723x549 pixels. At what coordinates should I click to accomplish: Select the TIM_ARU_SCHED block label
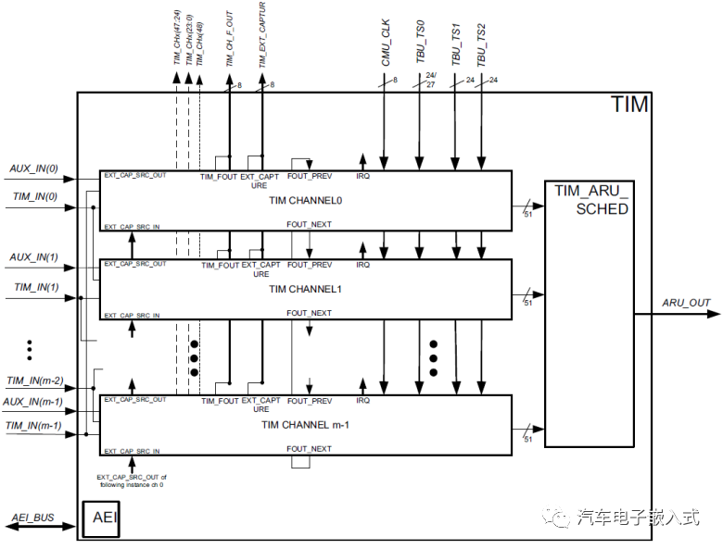click(591, 199)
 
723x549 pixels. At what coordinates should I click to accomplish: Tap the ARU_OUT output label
click(685, 303)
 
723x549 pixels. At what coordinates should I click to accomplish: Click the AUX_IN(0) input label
click(34, 168)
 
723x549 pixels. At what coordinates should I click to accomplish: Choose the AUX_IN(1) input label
click(34, 256)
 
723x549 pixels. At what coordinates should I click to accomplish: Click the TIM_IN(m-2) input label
click(35, 381)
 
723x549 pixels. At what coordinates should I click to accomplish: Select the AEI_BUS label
click(33, 518)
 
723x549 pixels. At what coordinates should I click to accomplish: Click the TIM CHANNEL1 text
click(306, 289)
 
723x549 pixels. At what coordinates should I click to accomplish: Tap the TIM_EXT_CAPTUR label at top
click(263, 37)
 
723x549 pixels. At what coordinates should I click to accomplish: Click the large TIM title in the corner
click(629, 105)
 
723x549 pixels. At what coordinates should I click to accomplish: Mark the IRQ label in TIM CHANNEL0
click(362, 176)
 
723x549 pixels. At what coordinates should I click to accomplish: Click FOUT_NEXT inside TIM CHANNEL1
click(309, 313)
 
